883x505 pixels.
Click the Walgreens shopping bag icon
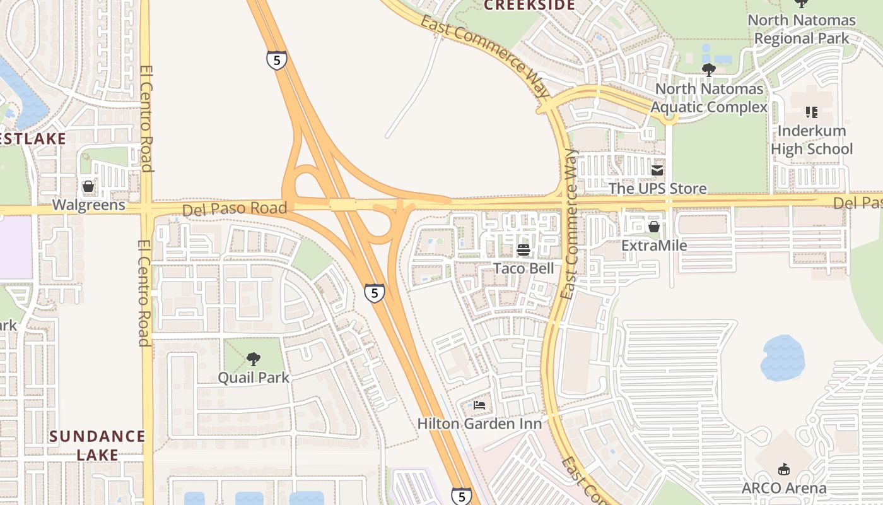coord(88,187)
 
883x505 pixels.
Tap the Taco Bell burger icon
coord(523,250)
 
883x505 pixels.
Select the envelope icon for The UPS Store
coord(657,170)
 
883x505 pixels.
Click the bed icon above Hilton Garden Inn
coord(479,405)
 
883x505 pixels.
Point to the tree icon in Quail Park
coord(253,359)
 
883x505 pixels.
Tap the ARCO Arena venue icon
coord(783,469)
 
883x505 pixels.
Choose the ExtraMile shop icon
coord(654,227)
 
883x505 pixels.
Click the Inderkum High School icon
coord(811,112)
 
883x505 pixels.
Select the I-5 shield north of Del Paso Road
coord(276,60)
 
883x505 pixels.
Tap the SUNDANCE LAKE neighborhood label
coord(97,445)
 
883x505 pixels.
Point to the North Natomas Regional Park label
coord(802,29)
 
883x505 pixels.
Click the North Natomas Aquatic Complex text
coord(709,98)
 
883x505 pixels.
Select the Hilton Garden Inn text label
coord(479,424)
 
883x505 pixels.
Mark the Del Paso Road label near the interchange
coord(234,208)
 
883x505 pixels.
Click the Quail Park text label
coord(253,377)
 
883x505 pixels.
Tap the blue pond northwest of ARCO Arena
coord(783,357)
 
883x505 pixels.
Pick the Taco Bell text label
coord(523,268)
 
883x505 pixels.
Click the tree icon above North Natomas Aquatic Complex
coord(708,69)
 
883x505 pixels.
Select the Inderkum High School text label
coord(811,140)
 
